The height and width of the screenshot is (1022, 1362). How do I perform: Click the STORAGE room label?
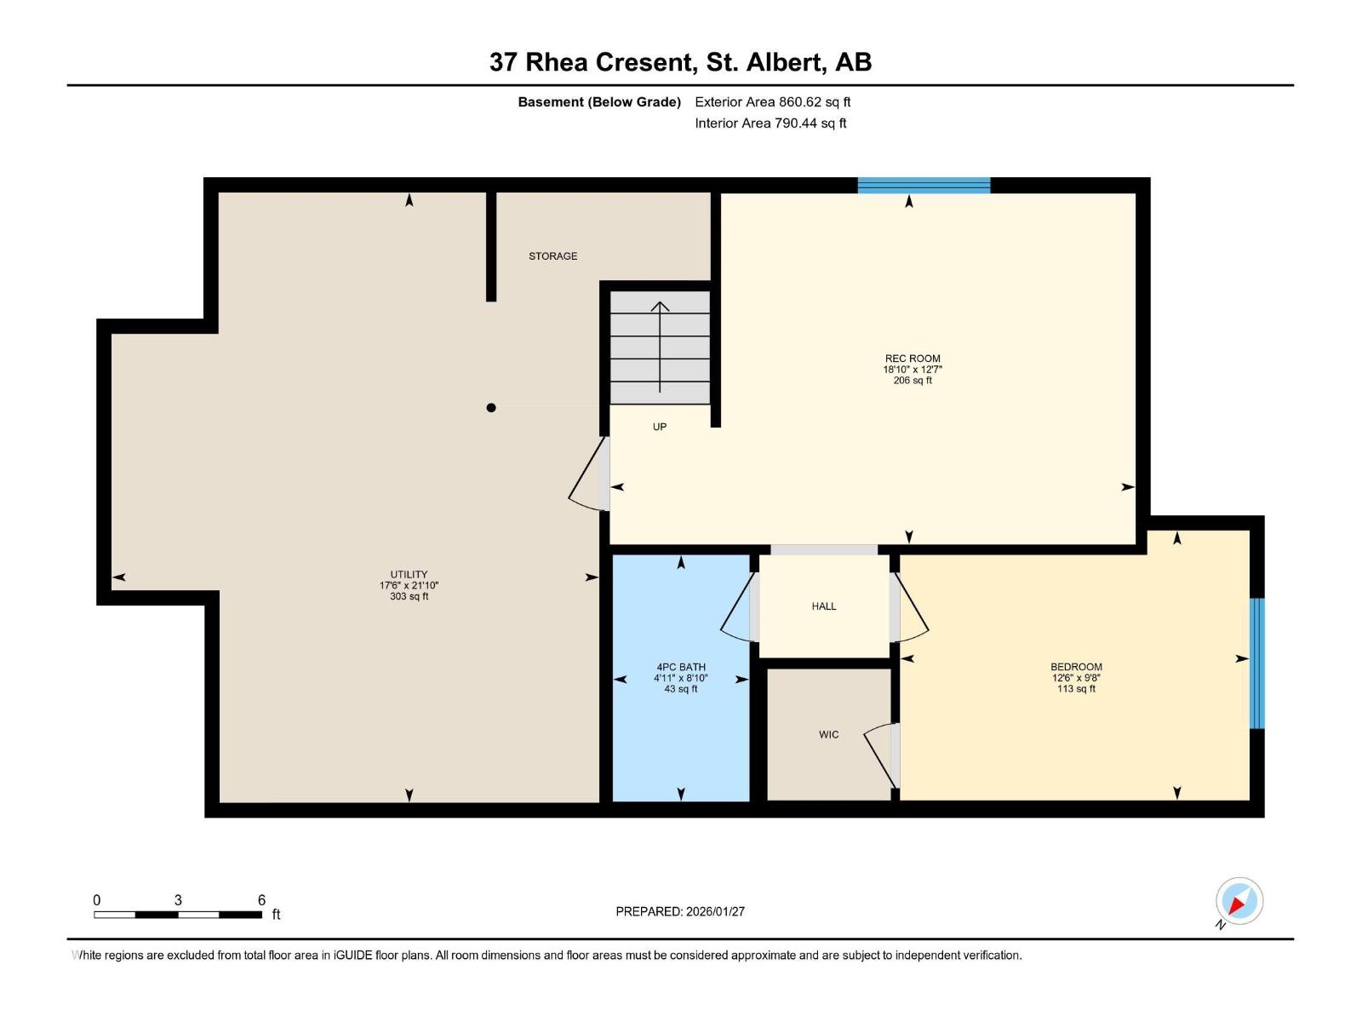[x=552, y=255]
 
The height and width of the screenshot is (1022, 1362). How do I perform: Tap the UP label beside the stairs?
[x=660, y=427]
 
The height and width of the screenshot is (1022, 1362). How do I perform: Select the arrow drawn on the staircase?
[x=660, y=345]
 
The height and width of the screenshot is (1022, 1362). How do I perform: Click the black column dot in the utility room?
[x=491, y=408]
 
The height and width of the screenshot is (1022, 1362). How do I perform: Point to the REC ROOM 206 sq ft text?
[x=912, y=381]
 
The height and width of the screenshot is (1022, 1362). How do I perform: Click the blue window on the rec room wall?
[x=924, y=186]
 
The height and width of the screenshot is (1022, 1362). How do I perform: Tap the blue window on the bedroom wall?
[x=1256, y=663]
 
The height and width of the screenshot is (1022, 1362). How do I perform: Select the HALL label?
[x=823, y=606]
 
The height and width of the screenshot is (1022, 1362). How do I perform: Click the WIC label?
[x=828, y=734]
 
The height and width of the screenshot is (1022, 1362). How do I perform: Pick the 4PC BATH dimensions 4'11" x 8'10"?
[x=680, y=678]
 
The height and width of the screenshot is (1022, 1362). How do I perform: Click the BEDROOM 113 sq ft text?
[x=1076, y=689]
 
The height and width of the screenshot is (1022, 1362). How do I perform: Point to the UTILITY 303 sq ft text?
[x=409, y=597]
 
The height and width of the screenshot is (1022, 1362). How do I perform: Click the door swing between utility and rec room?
[x=587, y=477]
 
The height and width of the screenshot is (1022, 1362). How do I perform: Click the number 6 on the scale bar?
[x=261, y=900]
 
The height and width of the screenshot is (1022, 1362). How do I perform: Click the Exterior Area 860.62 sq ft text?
[x=772, y=102]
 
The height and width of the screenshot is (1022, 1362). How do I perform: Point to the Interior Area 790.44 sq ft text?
[x=770, y=123]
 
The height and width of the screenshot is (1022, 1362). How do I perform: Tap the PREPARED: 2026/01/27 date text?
[x=680, y=911]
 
